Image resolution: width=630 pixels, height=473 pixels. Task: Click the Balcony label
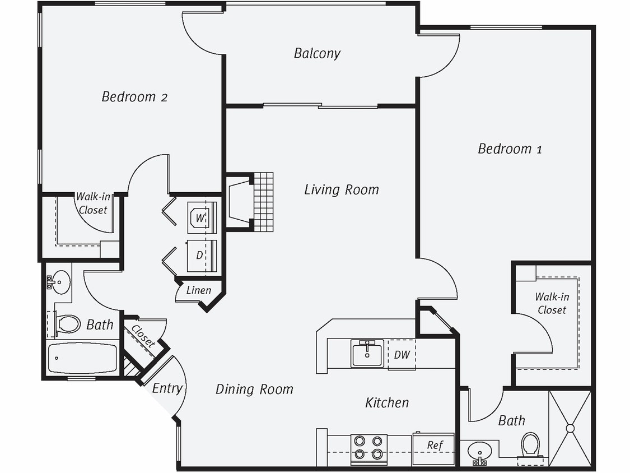pyautogui.click(x=317, y=53)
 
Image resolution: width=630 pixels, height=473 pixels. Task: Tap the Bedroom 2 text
pyautogui.click(x=134, y=96)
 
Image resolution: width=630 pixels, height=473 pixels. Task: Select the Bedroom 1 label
pyautogui.click(x=510, y=149)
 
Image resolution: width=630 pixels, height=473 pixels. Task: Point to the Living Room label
pyautogui.click(x=341, y=189)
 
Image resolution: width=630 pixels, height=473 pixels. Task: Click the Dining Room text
pyautogui.click(x=254, y=389)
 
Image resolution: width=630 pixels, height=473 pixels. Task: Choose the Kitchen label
pyautogui.click(x=387, y=402)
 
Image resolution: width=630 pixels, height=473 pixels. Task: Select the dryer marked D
pyautogui.click(x=200, y=256)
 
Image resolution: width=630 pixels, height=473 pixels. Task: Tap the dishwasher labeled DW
pyautogui.click(x=402, y=354)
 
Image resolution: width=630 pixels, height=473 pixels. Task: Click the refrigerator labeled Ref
pyautogui.click(x=435, y=446)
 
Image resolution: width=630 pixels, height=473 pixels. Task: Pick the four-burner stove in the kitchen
pyautogui.click(x=369, y=447)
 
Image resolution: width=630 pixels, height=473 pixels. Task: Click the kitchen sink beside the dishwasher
pyautogui.click(x=367, y=354)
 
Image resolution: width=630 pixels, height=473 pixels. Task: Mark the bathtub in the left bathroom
pyautogui.click(x=82, y=359)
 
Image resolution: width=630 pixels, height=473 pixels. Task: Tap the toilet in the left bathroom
pyautogui.click(x=67, y=324)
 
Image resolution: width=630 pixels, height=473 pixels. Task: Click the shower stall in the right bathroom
pyautogui.click(x=570, y=428)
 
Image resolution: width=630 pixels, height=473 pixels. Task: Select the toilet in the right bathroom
pyautogui.click(x=530, y=446)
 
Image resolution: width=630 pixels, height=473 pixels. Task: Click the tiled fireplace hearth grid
pyautogui.click(x=263, y=202)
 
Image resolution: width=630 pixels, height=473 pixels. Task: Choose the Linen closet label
pyautogui.click(x=199, y=290)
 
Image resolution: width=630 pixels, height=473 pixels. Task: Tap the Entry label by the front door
pyautogui.click(x=167, y=388)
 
